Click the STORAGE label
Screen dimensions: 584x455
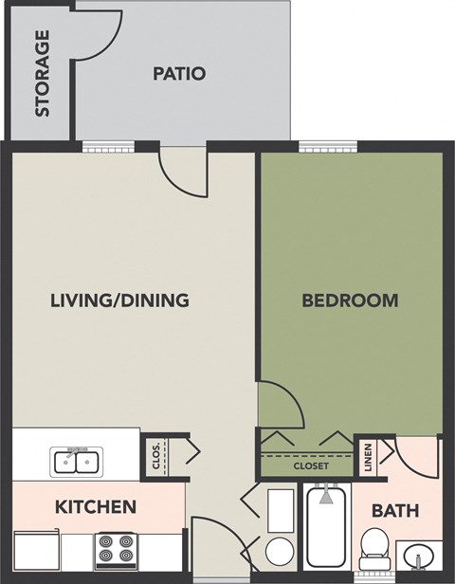coord(42,74)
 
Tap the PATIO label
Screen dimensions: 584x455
coord(179,73)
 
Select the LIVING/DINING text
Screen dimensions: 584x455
coord(119,301)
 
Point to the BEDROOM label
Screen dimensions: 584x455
coord(349,301)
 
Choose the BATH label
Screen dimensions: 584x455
coord(395,511)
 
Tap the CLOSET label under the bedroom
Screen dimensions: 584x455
coord(310,466)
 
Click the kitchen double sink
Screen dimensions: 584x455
coord(77,462)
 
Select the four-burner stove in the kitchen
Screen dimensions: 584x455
coord(116,551)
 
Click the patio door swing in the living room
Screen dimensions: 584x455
coord(183,172)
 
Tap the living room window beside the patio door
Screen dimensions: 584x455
coord(100,146)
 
